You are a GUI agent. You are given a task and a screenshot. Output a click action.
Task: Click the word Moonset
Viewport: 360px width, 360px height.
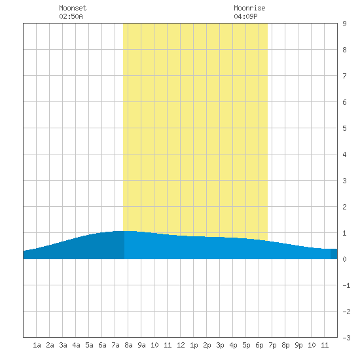(x=73, y=8)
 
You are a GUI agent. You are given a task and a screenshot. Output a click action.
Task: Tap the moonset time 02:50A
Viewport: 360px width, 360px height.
(x=71, y=16)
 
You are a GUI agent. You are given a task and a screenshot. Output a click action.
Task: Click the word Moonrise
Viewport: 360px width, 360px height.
(x=249, y=8)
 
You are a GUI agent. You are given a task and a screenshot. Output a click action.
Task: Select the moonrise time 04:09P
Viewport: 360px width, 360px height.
(x=245, y=16)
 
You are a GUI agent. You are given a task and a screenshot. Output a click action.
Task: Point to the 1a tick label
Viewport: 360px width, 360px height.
(x=37, y=345)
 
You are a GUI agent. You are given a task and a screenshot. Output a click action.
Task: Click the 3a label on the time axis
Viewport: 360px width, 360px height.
(x=63, y=345)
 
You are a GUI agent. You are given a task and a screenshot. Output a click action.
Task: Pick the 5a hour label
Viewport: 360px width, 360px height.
(x=89, y=345)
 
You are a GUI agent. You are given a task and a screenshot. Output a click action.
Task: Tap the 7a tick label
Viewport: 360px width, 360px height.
(x=115, y=345)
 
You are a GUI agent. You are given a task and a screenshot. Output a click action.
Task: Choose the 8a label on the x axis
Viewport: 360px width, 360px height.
(x=128, y=345)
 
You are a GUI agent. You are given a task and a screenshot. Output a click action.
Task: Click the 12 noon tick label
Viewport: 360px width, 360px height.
(x=181, y=345)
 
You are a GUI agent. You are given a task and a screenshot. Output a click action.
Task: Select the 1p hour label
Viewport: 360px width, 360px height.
(x=194, y=345)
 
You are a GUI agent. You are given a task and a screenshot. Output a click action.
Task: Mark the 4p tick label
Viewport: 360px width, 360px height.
(x=233, y=345)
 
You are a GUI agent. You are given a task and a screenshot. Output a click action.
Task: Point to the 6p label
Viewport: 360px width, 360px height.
(x=259, y=345)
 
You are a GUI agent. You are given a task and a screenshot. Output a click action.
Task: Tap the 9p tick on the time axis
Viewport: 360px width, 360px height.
(x=298, y=345)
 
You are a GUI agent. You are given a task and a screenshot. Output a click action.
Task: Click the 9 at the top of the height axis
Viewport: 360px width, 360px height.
(x=344, y=24)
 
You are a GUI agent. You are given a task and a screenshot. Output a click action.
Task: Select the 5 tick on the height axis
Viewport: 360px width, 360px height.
(x=344, y=128)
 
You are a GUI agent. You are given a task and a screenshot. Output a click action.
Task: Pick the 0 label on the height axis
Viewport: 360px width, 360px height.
(x=344, y=259)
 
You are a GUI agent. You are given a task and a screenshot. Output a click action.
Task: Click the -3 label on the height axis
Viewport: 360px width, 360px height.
(x=346, y=338)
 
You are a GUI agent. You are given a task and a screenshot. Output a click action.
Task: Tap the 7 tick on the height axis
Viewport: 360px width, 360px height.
(x=344, y=76)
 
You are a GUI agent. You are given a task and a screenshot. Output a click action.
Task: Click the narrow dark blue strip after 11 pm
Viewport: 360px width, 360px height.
(x=334, y=254)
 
